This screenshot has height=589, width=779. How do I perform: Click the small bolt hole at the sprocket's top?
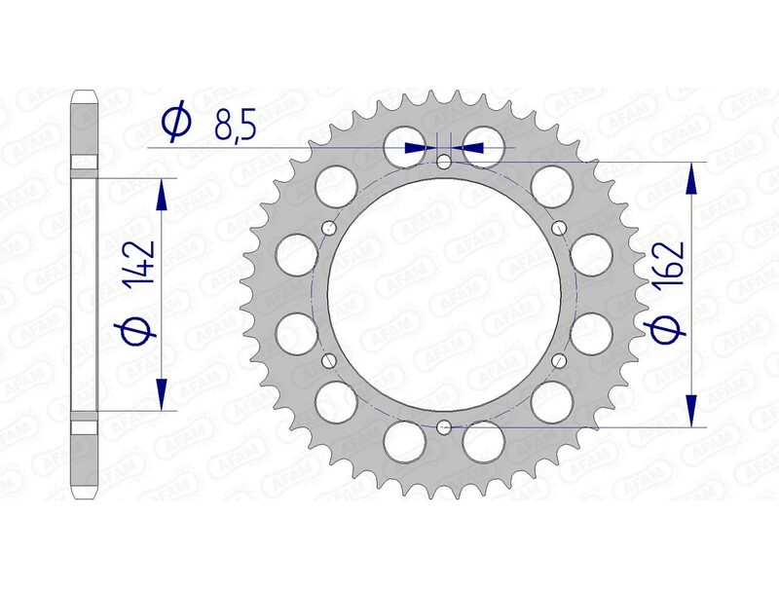[444, 162]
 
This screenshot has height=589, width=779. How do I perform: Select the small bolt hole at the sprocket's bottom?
[444, 425]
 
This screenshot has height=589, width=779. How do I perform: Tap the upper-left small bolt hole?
[329, 228]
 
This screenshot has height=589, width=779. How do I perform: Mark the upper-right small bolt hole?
[559, 228]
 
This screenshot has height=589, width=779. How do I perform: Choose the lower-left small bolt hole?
[329, 360]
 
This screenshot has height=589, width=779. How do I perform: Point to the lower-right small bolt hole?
[559, 360]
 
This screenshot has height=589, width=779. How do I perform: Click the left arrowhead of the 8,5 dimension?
[420, 147]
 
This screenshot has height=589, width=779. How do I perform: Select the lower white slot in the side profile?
[85, 425]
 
